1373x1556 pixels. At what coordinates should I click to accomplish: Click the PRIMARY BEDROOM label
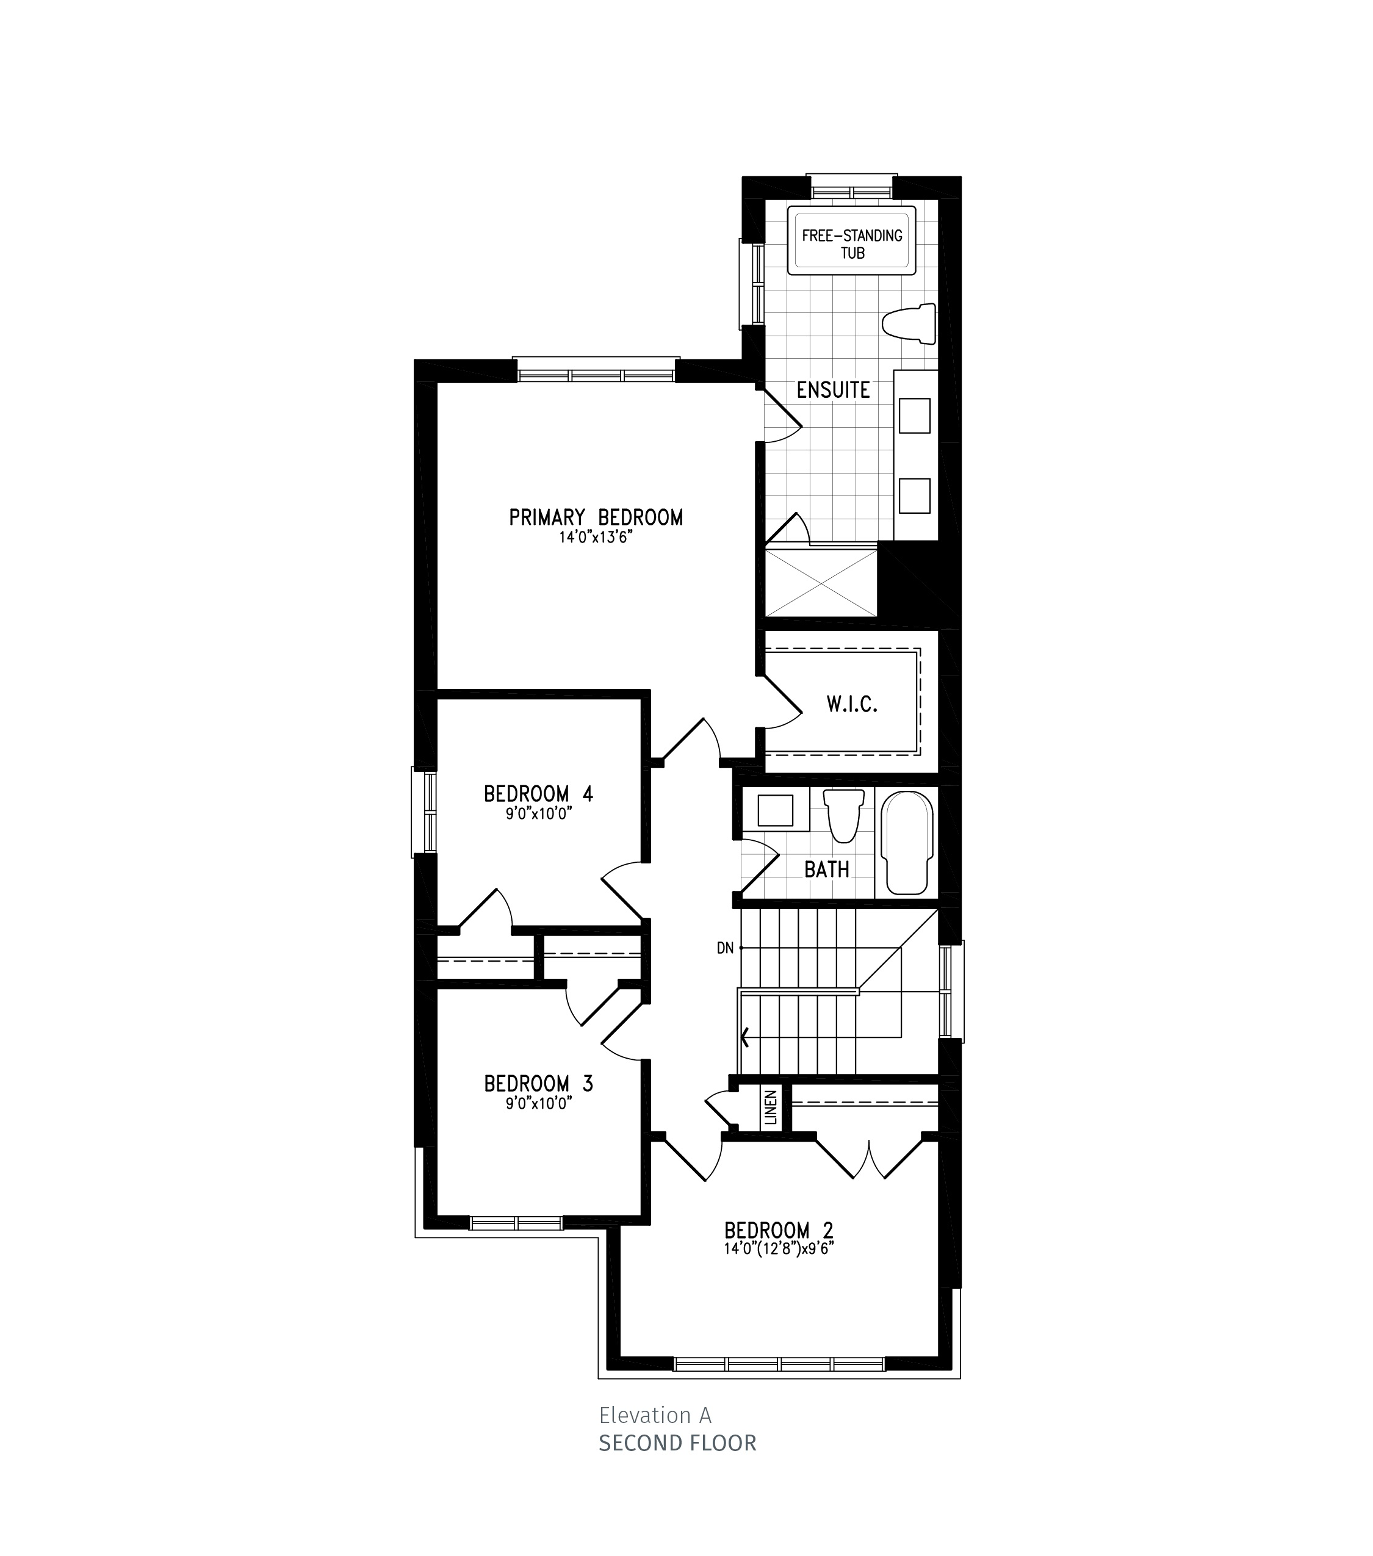click(x=596, y=517)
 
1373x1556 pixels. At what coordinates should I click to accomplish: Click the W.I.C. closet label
click(x=852, y=704)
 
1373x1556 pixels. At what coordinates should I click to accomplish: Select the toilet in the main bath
click(x=844, y=815)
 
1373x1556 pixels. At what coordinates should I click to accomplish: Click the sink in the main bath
click(x=776, y=810)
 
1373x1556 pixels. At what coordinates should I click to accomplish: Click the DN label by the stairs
click(x=726, y=948)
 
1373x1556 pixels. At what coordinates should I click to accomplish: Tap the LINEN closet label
click(x=771, y=1108)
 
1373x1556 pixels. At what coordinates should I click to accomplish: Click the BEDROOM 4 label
click(x=538, y=794)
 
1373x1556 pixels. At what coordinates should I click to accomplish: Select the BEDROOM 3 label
click(x=538, y=1083)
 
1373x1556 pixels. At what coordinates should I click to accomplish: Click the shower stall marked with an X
click(x=821, y=583)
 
